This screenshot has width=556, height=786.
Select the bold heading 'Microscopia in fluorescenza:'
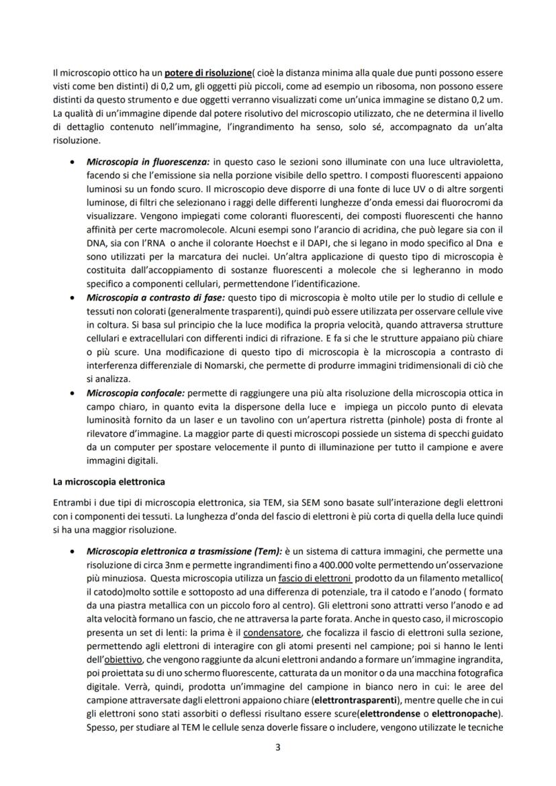tap(148, 162)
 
